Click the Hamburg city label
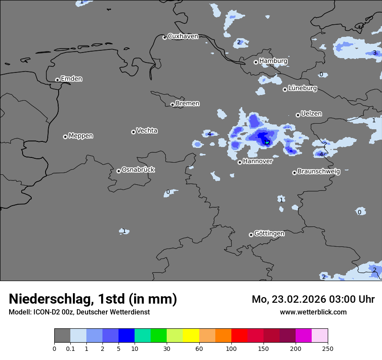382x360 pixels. coord(273,61)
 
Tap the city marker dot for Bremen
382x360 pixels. coord(172,105)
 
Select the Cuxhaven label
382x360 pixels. coord(183,36)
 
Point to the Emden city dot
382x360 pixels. coord(57,80)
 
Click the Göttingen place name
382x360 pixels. coord(269,234)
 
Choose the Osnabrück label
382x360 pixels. coord(138,170)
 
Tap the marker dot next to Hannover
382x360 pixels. coord(240,162)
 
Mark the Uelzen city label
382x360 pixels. coord(311,114)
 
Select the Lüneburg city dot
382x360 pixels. coord(285,89)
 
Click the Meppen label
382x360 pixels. coord(81,136)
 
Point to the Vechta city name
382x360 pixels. coord(147,131)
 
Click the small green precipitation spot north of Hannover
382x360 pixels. coord(267,143)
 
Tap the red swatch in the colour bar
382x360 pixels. coord(239,336)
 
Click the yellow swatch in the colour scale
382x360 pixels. coord(191,336)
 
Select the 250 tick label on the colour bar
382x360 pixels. coord(328,348)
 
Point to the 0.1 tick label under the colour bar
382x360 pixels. coord(70,348)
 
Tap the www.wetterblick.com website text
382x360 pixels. coord(313,312)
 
